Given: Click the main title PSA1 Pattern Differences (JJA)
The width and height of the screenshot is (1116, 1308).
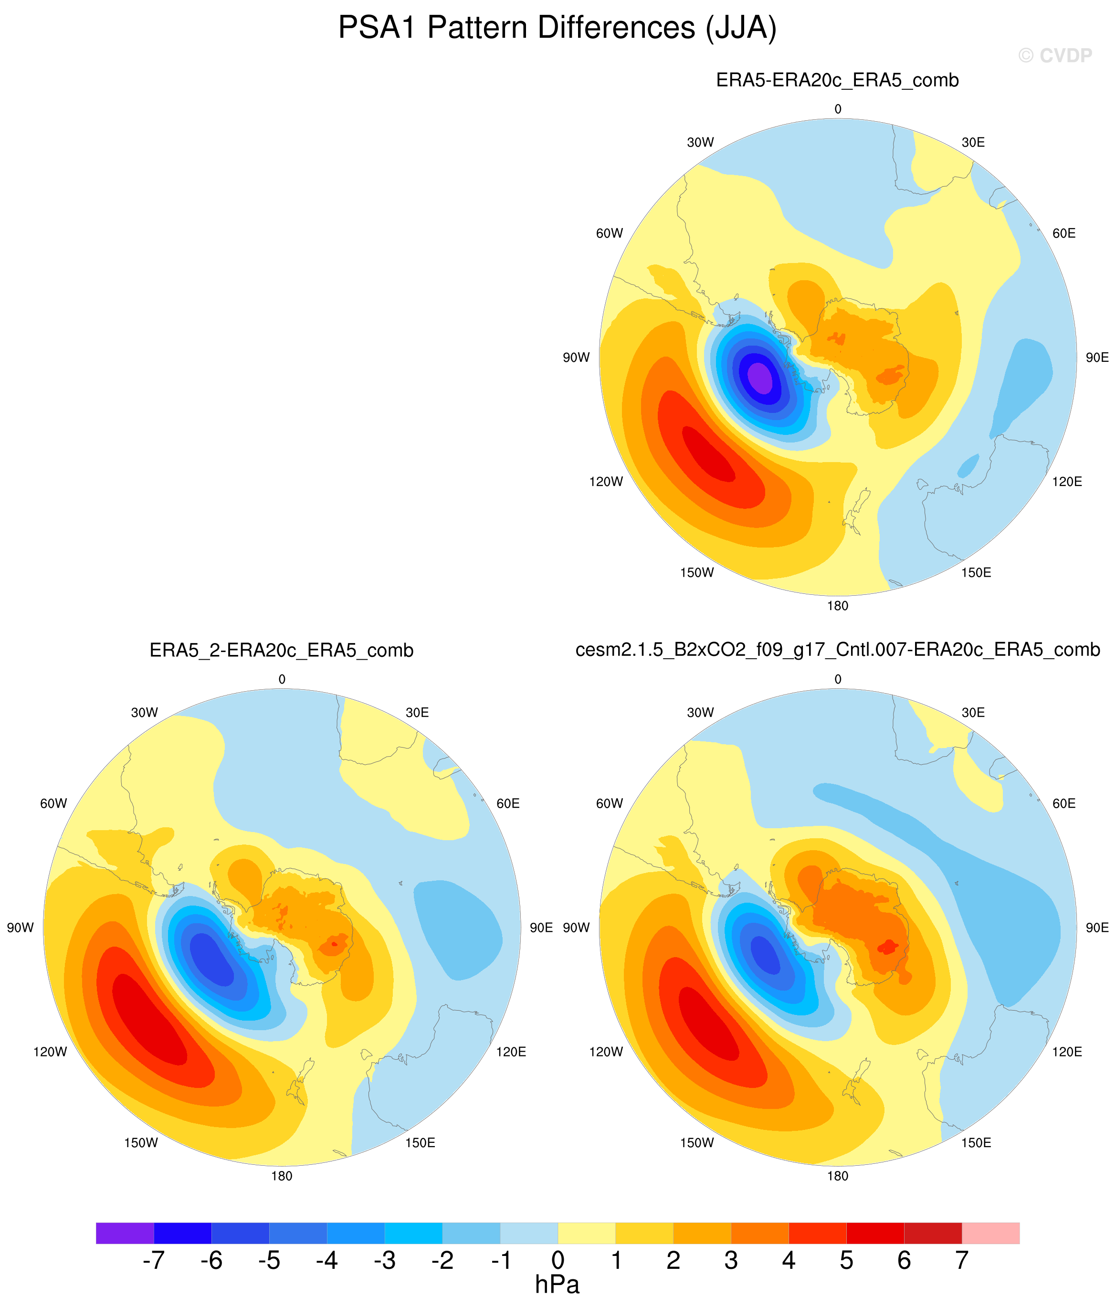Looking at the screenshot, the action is [558, 29].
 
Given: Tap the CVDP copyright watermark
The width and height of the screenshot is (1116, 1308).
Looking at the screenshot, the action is [1055, 56].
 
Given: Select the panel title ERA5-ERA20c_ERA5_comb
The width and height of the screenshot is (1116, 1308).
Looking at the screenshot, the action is [838, 81].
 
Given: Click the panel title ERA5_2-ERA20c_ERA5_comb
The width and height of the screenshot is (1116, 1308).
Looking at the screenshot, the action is [282, 650].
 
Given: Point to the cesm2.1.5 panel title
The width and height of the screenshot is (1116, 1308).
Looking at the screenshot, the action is [838, 650].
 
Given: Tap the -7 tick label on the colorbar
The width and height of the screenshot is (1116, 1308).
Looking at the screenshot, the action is [153, 1261].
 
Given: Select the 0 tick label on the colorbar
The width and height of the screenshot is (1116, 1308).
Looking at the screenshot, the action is [558, 1261].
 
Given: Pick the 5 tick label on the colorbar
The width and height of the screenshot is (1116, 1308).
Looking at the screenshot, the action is [846, 1261].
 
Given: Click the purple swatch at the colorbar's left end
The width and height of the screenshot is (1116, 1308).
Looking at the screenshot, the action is [125, 1233].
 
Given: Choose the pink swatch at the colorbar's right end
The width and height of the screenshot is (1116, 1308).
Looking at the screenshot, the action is [990, 1233].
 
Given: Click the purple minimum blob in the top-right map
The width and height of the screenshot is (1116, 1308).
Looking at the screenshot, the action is [759, 378].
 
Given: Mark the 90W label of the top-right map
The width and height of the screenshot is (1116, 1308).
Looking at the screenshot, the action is [576, 358].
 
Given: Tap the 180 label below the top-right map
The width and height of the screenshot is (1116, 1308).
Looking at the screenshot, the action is [838, 606].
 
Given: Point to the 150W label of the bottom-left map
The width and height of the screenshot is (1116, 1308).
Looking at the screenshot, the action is [141, 1143].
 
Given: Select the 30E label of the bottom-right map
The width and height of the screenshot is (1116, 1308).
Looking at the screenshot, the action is [973, 713].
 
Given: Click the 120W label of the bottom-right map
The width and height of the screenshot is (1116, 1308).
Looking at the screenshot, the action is [606, 1052].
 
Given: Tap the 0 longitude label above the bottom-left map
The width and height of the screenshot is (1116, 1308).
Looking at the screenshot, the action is [282, 679].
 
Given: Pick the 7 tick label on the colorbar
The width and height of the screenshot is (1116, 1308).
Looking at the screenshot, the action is [961, 1261].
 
